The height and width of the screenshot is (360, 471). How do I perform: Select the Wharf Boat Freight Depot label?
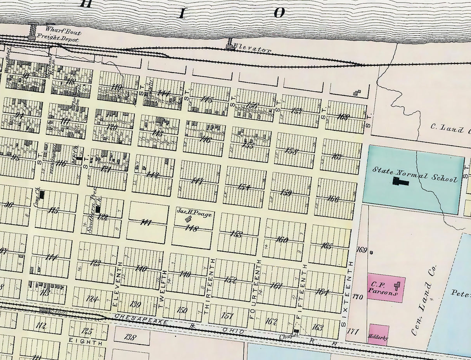62,35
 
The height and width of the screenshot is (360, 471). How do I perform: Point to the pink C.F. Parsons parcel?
386,289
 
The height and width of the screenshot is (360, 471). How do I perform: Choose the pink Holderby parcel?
379,335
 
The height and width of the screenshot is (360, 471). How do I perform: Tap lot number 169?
361,250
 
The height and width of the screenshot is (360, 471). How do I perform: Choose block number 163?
317,327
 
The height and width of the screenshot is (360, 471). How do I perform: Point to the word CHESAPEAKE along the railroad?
142,319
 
